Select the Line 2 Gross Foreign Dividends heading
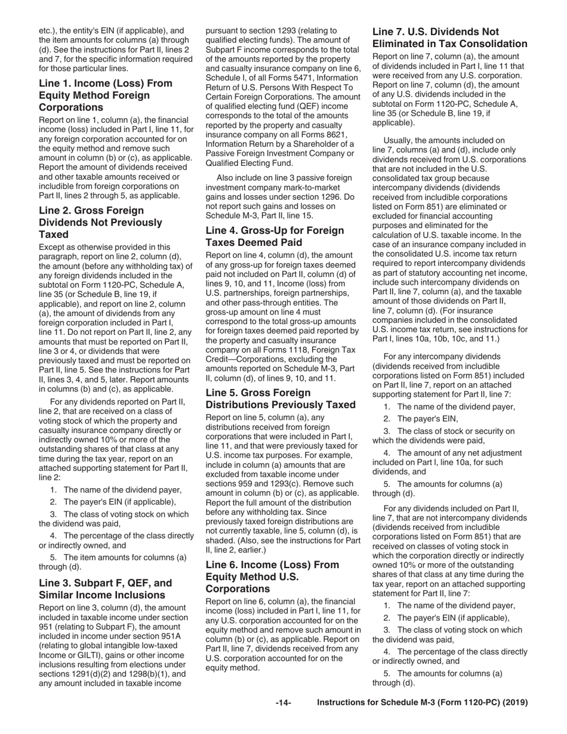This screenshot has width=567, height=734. point(100,223)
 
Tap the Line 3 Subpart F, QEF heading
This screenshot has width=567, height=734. point(105,589)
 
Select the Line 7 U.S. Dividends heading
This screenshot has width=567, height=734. point(449,38)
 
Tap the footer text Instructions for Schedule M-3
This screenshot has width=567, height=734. point(423,703)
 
